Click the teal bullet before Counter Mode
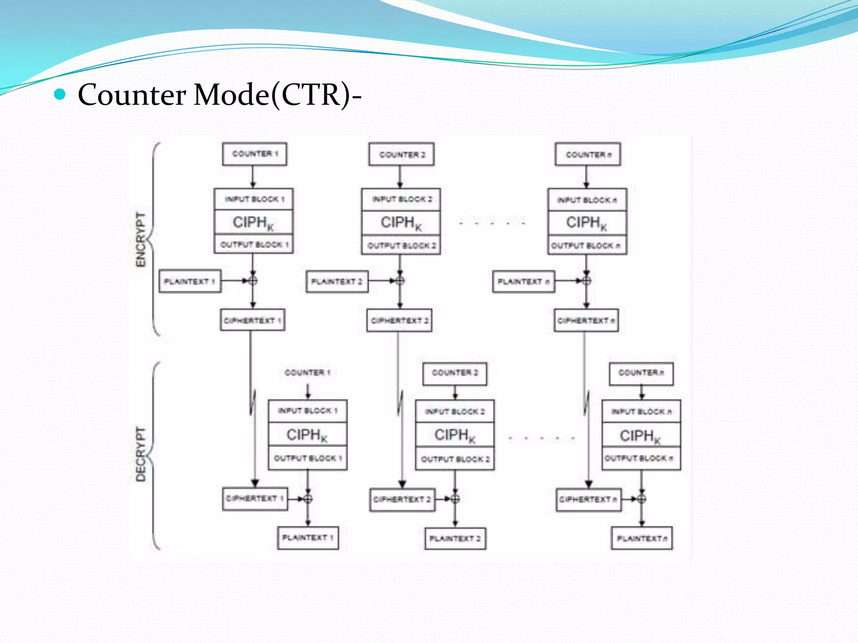(x=60, y=95)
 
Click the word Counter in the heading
(x=132, y=95)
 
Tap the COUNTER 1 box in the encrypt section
(x=255, y=154)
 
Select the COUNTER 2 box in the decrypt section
(x=455, y=373)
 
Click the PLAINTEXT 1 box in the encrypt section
(x=190, y=281)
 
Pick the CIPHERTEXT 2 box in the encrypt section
(x=399, y=321)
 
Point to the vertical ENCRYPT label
(x=141, y=239)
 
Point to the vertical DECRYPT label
(x=141, y=454)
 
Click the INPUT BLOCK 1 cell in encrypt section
(x=254, y=199)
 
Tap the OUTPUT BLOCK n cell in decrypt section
(x=641, y=458)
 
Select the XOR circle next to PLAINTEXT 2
(x=400, y=280)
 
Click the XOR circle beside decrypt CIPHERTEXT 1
(x=308, y=499)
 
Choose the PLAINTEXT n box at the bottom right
(x=642, y=538)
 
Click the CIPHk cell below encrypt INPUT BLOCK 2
(x=401, y=223)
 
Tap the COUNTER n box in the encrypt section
(x=587, y=154)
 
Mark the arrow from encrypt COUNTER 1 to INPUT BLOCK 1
(x=253, y=177)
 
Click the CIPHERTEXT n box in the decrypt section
(x=588, y=499)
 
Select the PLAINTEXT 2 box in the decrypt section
(x=455, y=538)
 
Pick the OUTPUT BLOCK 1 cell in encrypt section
(x=254, y=244)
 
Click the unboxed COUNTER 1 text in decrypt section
(x=307, y=373)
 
